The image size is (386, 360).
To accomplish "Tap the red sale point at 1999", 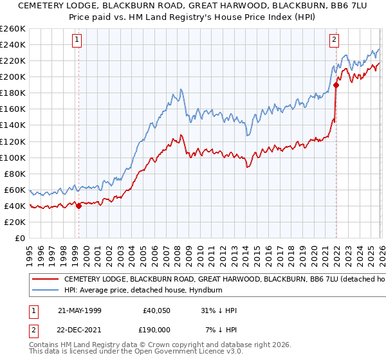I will pyautogui.click(x=78, y=206).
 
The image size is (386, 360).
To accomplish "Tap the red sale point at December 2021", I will pyautogui.click(x=336, y=84).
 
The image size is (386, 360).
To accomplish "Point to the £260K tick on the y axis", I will pyautogui.click(x=12, y=29).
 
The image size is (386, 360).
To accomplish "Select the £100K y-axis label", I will pyautogui.click(x=12, y=157).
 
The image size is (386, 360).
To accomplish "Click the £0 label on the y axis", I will pyautogui.click(x=19, y=238).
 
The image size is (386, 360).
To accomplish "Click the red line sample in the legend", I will pyautogui.click(x=46, y=280).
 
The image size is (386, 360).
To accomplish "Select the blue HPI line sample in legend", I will pyautogui.click(x=46, y=291).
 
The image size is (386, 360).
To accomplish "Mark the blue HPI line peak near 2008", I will pyautogui.click(x=181, y=89).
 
